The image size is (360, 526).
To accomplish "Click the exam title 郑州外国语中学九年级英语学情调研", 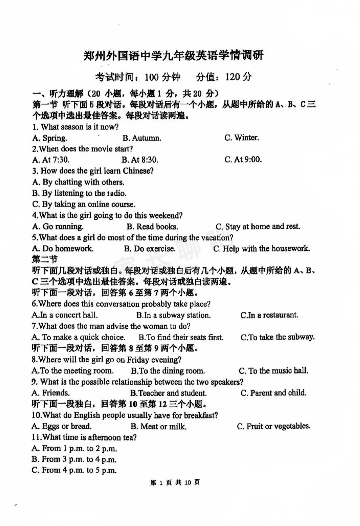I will point(173,56).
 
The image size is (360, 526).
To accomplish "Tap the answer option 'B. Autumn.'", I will point(142,138).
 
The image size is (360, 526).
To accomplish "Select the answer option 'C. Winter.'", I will point(241,137).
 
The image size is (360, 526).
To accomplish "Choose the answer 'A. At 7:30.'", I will point(51,160).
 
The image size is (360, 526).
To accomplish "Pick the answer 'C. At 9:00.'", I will point(243,159).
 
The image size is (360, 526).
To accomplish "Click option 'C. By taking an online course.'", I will point(84,204).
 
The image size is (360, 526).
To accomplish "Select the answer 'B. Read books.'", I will point(152,226).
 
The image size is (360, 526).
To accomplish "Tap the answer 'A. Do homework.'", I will point(63,248).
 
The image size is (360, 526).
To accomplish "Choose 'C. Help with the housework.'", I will point(261,248).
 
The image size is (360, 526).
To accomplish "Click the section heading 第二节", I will point(45,259).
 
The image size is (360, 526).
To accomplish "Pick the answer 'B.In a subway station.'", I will point(173,315).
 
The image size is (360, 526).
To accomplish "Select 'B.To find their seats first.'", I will point(181,337).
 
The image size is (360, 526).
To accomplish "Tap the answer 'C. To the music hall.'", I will point(273,371).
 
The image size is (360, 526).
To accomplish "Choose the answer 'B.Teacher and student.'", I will point(168,393).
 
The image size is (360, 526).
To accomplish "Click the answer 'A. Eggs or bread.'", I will point(62,426).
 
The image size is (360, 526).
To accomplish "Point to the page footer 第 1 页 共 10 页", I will point(175,482).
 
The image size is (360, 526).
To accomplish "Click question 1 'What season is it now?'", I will point(76,127).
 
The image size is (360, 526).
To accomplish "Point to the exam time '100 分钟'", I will point(162,77).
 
